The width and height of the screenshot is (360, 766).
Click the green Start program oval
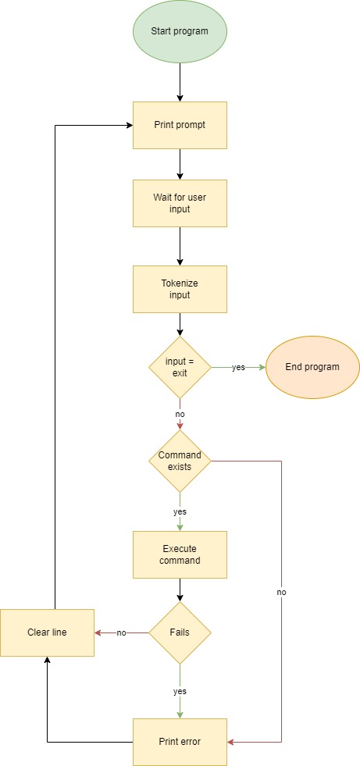coord(180,31)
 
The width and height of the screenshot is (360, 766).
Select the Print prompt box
coord(180,125)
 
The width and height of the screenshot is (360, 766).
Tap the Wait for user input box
coord(180,203)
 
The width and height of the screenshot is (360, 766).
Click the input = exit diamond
coord(180,367)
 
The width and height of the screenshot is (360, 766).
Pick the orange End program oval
coord(312,367)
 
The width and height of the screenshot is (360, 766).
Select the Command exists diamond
coord(180,461)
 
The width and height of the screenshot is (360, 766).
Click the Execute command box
coord(180,554)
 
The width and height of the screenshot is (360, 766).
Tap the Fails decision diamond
coord(180,632)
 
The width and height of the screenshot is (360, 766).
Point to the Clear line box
coord(47,632)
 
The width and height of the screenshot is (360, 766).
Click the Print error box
coord(180,742)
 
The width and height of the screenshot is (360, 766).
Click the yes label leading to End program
coord(237,367)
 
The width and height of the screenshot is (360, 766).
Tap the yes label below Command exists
coord(180,512)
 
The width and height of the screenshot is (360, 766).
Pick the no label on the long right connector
coord(281,593)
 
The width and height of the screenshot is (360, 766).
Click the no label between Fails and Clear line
coord(122,632)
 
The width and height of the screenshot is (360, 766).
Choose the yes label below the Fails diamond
coord(180,691)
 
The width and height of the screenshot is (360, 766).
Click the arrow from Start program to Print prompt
coord(180,82)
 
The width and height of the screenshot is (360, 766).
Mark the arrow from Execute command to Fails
coord(180,590)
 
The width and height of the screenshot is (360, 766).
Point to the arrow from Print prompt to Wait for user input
coord(180,164)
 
